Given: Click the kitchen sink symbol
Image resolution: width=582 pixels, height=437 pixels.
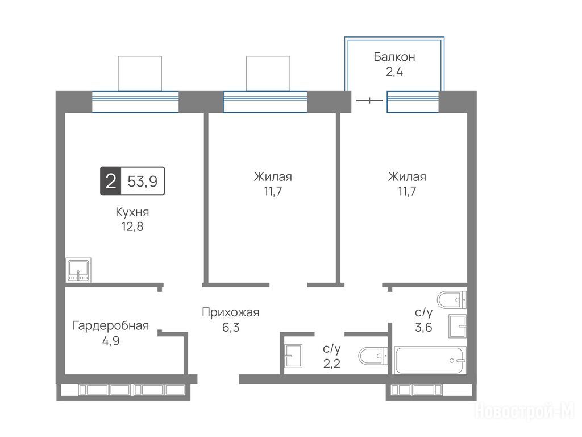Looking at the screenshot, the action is click(x=78, y=269).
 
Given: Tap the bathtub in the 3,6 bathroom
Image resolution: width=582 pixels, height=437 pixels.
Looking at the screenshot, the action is click(x=430, y=360).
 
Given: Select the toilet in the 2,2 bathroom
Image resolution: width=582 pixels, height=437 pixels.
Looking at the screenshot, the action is click(x=373, y=356).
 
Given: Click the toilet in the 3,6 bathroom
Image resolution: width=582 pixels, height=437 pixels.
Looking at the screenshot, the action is click(x=452, y=300).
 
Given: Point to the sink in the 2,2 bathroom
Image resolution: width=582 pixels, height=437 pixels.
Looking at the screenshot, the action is click(x=293, y=356).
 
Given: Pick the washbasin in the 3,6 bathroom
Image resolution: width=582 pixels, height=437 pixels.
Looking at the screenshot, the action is click(x=458, y=326).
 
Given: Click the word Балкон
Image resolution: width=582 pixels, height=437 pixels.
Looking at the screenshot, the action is click(x=394, y=57).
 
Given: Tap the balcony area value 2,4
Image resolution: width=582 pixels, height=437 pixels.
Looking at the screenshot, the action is click(x=394, y=71).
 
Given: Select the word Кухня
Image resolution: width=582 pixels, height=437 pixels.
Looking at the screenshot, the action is click(x=132, y=213).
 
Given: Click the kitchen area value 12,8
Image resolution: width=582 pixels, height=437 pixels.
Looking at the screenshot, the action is click(x=132, y=226).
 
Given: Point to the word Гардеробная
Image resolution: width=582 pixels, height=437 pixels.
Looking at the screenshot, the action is click(x=111, y=326).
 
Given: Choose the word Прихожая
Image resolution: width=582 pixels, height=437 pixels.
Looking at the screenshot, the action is click(x=231, y=312).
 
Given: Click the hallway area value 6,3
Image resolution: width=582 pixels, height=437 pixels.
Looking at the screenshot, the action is click(x=231, y=327).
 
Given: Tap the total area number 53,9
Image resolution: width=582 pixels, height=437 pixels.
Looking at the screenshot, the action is click(x=143, y=182).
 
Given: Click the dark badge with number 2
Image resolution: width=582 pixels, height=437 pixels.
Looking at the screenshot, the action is click(x=111, y=181).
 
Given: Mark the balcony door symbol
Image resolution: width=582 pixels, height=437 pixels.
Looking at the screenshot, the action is click(x=369, y=100).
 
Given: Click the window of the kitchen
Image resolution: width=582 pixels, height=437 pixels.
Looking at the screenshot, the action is click(x=135, y=101).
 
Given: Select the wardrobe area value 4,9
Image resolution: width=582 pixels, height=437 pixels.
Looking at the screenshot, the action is click(x=111, y=341).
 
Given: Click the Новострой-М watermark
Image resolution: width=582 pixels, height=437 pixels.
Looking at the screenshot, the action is click(x=525, y=411).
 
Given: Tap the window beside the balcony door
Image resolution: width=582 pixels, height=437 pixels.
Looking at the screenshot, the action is click(x=413, y=101).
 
